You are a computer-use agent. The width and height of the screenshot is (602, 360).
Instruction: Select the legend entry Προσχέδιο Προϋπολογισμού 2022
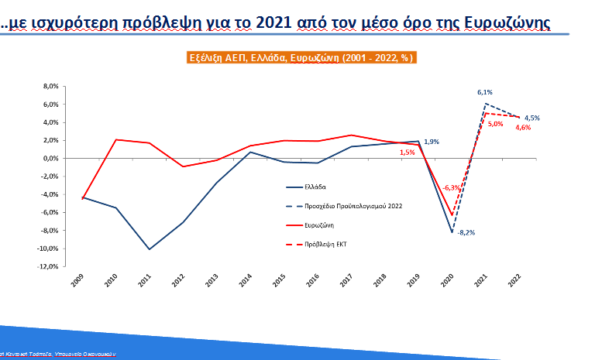[x=363, y=207]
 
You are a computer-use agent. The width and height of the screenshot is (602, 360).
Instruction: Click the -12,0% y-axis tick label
[x=48, y=266]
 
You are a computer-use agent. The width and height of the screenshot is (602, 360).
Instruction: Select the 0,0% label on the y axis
[x=50, y=158]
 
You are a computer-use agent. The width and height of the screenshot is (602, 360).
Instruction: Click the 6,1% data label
[x=485, y=94]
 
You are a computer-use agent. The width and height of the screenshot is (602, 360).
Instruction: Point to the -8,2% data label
[x=466, y=232]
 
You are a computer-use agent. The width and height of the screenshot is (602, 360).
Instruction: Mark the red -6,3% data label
[x=452, y=187]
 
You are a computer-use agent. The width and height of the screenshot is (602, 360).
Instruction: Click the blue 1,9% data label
[x=432, y=141]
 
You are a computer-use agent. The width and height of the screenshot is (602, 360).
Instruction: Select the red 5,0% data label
[x=495, y=124]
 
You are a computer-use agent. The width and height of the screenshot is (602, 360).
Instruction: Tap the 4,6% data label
[x=522, y=127]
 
